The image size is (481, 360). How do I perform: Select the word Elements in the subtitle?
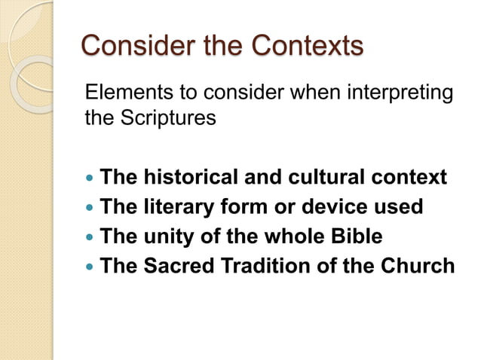tap(121, 94)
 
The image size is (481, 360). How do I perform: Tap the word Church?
tap(418, 266)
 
